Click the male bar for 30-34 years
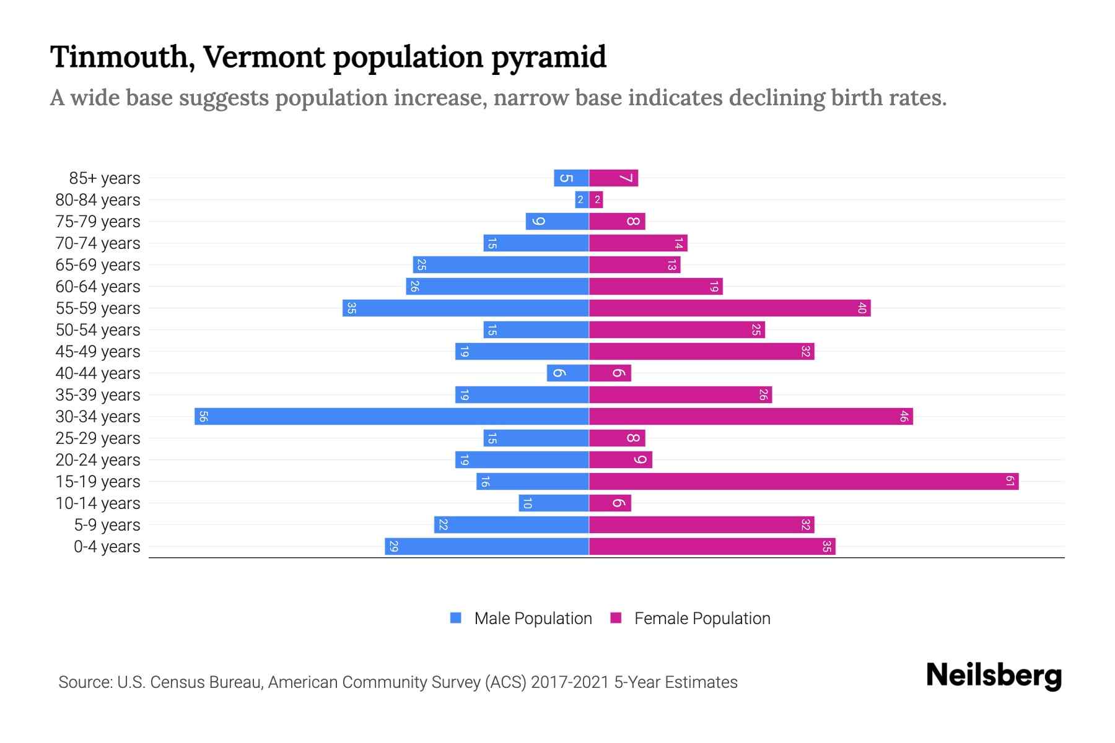391,416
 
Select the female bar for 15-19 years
803,481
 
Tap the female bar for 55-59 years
730,308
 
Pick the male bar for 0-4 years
486,546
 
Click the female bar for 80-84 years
596,199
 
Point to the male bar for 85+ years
571,178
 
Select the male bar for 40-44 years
567,373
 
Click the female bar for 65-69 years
634,264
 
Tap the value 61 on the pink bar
1010,481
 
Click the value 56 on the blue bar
203,416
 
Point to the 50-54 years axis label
98,330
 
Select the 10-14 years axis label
98,503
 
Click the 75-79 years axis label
98,222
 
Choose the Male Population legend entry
533,618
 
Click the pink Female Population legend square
616,618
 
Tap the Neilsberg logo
994,676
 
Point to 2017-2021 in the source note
570,682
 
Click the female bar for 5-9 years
701,524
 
